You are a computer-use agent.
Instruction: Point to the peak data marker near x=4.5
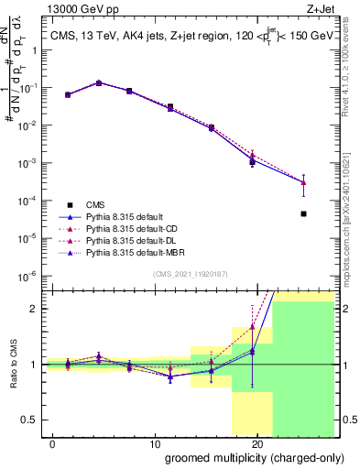point(99,82)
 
